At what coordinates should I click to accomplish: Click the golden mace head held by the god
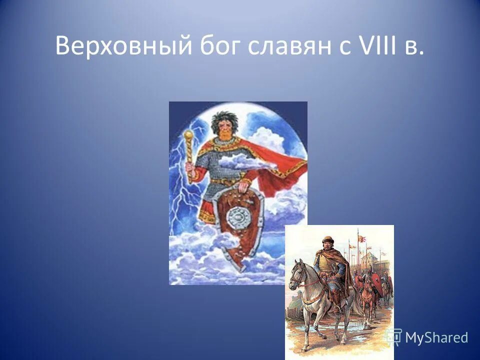(188, 136)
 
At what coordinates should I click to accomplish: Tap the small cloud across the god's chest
(240, 162)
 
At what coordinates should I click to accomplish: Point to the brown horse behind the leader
(367, 295)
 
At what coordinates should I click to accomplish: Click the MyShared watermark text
(436, 337)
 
